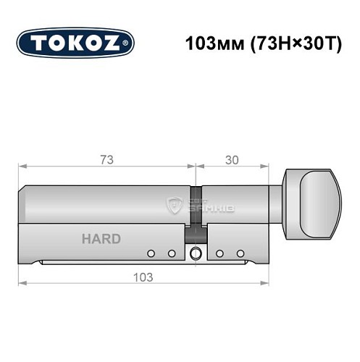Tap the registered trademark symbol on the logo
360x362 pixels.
pyautogui.click(x=128, y=43)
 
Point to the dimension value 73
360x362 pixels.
pyautogui.click(x=106, y=159)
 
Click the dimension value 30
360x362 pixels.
pyautogui.click(x=231, y=159)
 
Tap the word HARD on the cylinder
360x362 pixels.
pyautogui.click(x=101, y=239)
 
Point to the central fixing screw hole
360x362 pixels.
pyautogui.click(x=195, y=253)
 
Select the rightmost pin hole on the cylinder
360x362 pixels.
pyautogui.click(x=238, y=253)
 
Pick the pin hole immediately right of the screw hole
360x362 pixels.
pyautogui.click(x=218, y=253)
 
